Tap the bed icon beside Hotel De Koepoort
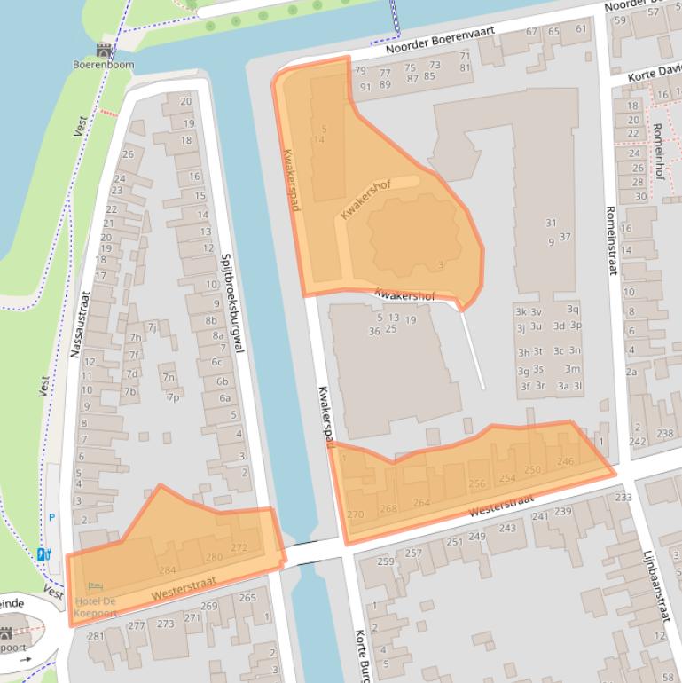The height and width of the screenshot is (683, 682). [94, 586]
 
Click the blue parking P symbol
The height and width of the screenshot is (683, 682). [51, 517]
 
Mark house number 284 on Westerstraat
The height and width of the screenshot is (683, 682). [167, 569]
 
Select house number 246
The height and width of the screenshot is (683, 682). [565, 461]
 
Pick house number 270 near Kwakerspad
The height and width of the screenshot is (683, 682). [355, 514]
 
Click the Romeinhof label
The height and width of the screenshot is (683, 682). [657, 151]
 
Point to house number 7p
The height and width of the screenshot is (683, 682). [172, 396]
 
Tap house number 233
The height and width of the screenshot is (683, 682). [623, 498]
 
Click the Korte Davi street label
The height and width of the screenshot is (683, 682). [653, 75]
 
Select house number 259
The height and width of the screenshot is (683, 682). [386, 561]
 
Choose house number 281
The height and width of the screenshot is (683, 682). [96, 636]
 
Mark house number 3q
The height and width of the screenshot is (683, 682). [572, 309]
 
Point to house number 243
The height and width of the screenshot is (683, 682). [506, 528]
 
